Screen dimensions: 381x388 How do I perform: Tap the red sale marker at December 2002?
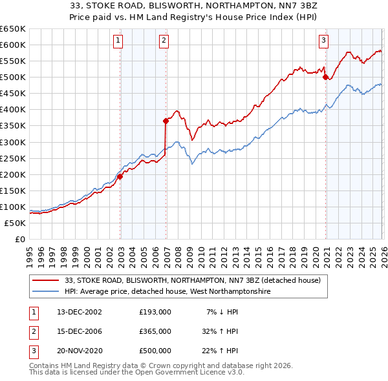click(120, 176)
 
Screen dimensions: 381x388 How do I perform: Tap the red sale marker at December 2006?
click(166, 120)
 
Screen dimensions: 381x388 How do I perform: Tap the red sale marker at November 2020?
click(325, 76)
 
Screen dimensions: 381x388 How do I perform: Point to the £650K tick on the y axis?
click(13, 29)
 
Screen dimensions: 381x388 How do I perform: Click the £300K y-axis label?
click(13, 142)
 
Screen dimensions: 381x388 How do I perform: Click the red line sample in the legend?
click(47, 280)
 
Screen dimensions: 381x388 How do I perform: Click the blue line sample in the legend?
click(47, 292)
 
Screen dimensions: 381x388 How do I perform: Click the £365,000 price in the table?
click(155, 331)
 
